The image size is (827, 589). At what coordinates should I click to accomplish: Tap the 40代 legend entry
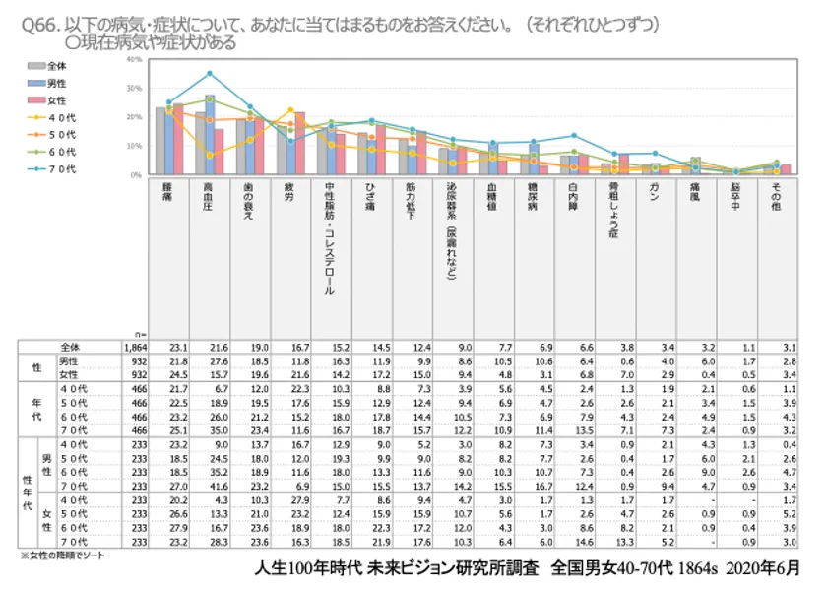[x=49, y=117]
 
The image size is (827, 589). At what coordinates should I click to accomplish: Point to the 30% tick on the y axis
[x=136, y=89]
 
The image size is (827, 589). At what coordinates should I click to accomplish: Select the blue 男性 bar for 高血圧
[x=210, y=135]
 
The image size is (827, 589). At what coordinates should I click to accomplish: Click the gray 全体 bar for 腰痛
[x=159, y=141]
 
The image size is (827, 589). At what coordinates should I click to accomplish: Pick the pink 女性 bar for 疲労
[x=300, y=144]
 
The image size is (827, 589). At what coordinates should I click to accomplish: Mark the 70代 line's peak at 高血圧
[x=210, y=74]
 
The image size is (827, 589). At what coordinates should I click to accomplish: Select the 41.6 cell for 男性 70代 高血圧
[x=217, y=486]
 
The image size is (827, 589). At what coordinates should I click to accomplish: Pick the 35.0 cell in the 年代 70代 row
[x=217, y=430]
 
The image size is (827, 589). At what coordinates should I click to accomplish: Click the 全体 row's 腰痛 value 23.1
[x=177, y=348]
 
